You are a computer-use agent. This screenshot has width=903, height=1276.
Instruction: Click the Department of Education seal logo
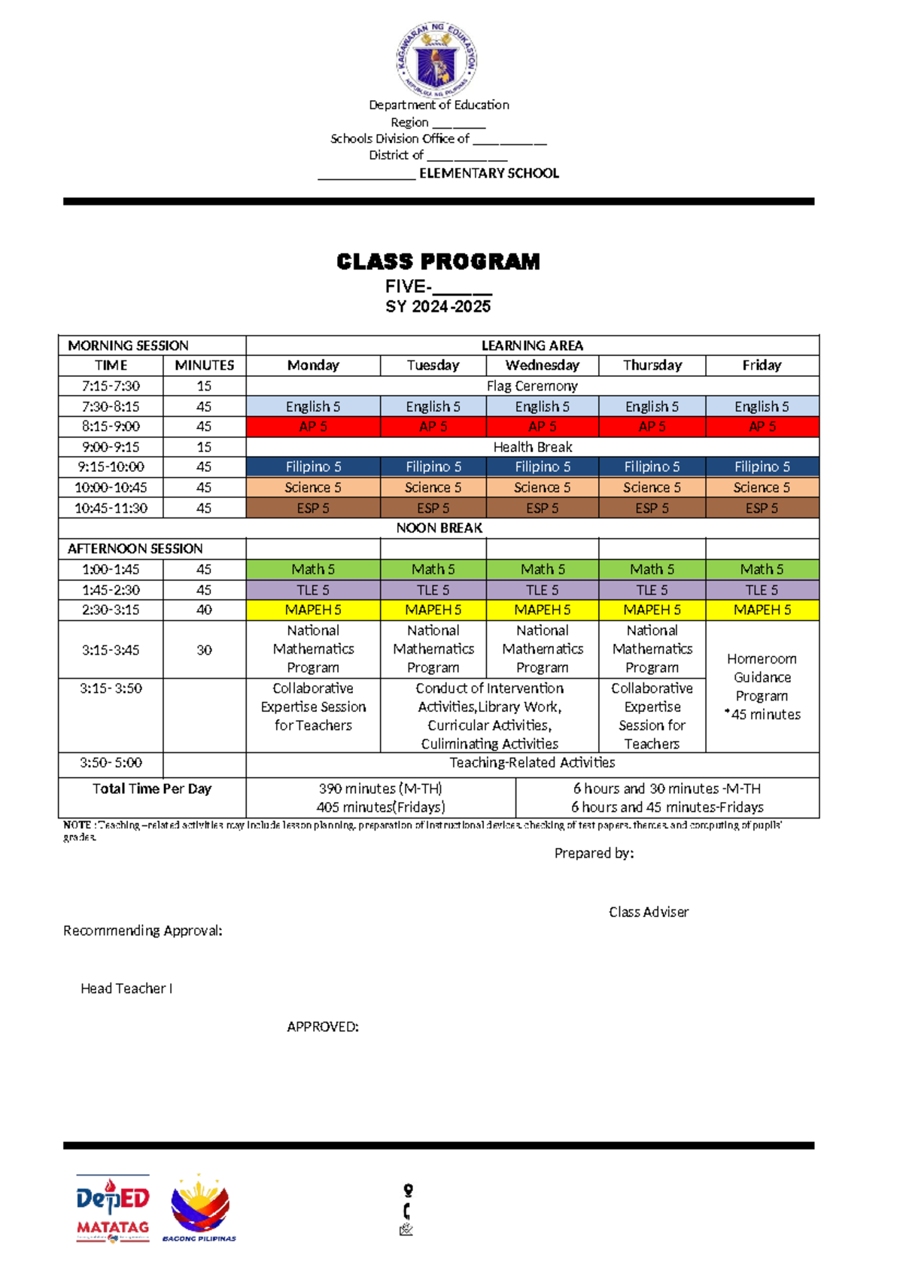point(436,59)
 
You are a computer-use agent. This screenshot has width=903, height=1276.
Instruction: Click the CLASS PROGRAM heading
point(438,262)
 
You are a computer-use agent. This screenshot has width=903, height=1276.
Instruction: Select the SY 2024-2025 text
point(438,307)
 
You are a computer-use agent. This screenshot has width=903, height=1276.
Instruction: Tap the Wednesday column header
point(542,366)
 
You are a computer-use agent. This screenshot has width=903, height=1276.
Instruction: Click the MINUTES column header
point(204,366)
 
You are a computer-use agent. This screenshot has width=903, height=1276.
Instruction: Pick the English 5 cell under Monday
point(313,406)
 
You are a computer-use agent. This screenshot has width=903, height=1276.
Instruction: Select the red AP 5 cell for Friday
point(762,427)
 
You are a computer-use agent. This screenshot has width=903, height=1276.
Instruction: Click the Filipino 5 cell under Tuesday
point(433,467)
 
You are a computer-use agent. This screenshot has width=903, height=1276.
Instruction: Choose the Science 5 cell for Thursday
point(652,488)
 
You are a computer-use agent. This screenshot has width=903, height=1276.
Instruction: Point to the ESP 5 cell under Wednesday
point(542,509)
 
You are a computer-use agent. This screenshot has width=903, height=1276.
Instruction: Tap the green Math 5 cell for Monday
point(313,570)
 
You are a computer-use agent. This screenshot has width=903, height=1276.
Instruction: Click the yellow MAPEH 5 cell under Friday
point(762,610)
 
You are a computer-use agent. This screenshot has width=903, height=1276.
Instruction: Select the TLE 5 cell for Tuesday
point(433,590)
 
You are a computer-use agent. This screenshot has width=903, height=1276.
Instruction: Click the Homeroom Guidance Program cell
point(762,686)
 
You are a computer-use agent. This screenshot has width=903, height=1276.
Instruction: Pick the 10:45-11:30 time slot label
point(111,509)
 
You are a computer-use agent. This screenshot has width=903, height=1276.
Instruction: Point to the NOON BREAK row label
point(439,528)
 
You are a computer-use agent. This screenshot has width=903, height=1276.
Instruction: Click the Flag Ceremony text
point(532,386)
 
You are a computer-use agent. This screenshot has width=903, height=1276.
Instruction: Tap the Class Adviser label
point(648,912)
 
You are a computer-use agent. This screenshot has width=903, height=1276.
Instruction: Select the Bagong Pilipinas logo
point(199,1208)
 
